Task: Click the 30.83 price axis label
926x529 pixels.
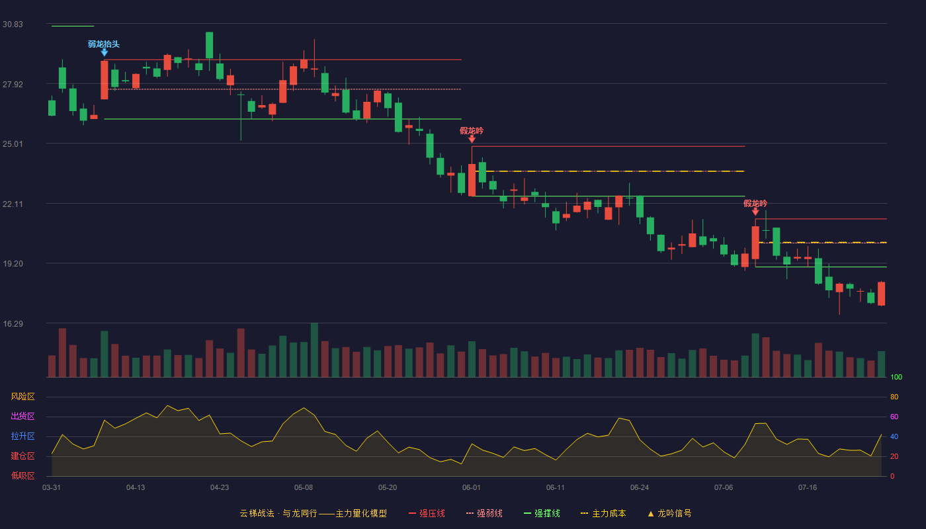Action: (x=13, y=24)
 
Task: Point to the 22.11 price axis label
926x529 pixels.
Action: (x=13, y=204)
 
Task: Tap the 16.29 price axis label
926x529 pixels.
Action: (x=13, y=324)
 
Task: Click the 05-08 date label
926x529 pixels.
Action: (x=304, y=488)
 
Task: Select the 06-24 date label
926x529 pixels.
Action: (x=640, y=488)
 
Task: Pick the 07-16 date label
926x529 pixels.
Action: (x=808, y=488)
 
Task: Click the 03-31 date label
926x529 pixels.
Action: (x=52, y=488)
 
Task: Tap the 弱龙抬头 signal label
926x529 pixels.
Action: (x=104, y=44)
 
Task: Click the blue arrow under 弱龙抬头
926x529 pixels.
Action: (x=105, y=52)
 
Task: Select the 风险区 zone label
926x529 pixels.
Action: (x=22, y=397)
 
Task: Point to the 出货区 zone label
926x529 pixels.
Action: (x=22, y=416)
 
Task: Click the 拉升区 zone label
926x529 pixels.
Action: (x=22, y=436)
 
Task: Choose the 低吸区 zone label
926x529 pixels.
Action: (x=22, y=475)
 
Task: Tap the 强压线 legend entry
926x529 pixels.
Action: (x=427, y=513)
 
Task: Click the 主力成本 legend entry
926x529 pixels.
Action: (x=603, y=513)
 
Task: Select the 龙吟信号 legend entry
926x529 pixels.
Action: (x=669, y=513)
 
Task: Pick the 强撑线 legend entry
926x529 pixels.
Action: (x=542, y=513)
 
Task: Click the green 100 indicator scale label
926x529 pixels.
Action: (x=896, y=377)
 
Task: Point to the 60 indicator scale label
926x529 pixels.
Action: (x=894, y=417)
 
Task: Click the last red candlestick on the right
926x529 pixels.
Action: (x=881, y=294)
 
